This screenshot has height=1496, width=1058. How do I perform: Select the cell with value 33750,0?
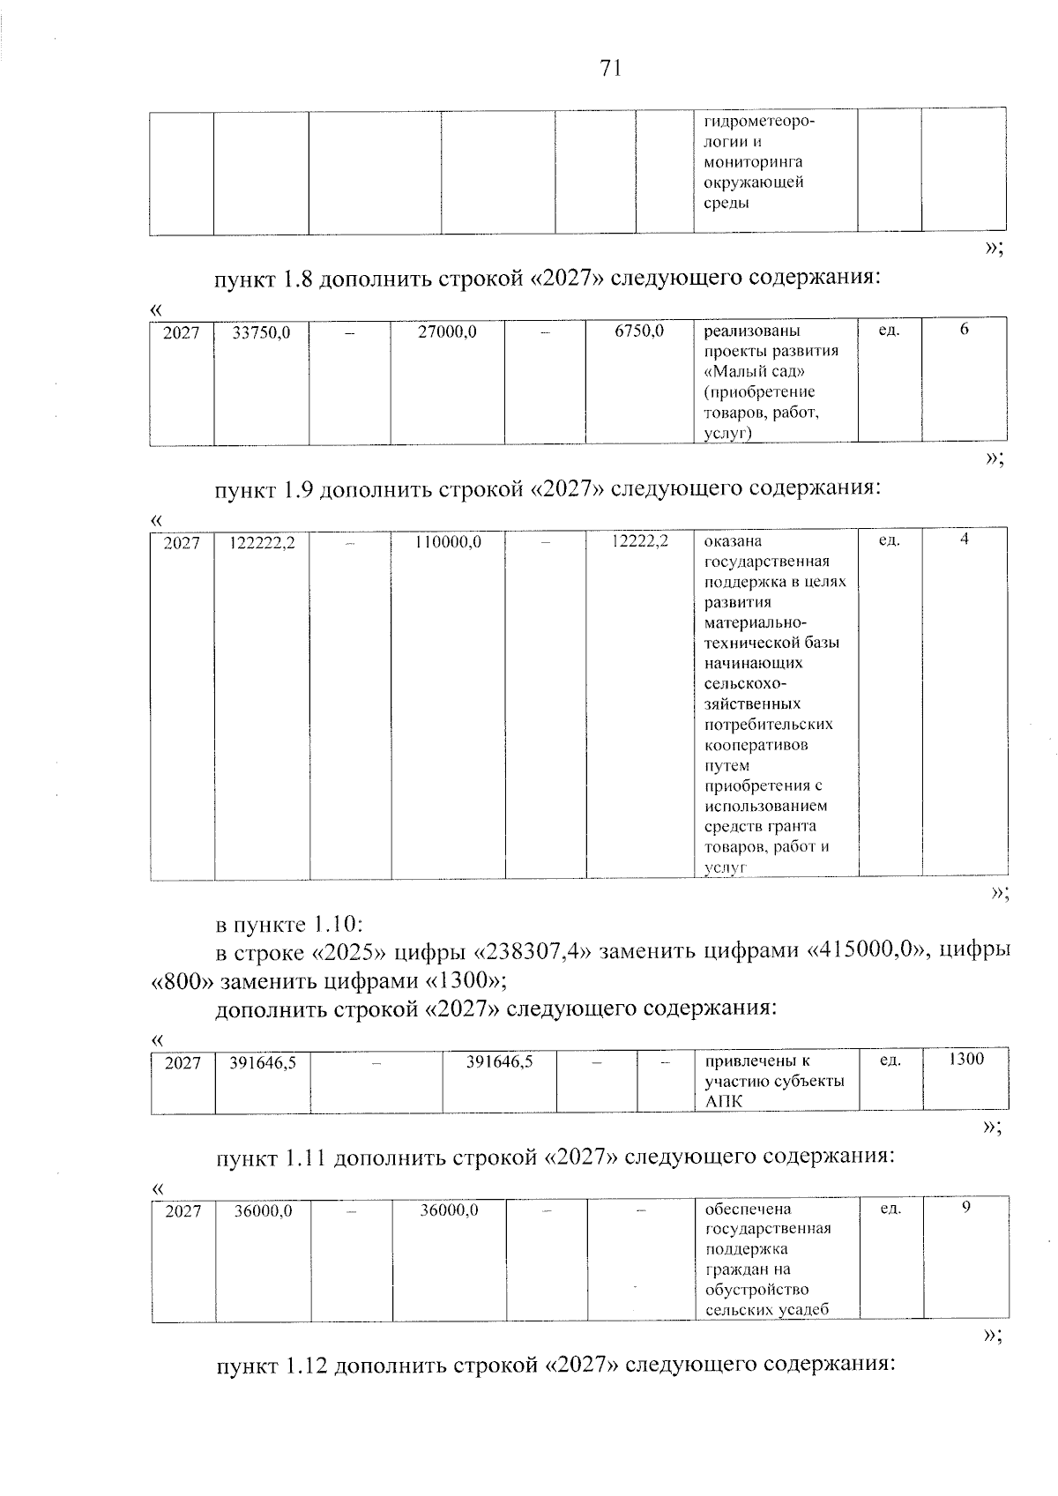[x=261, y=332]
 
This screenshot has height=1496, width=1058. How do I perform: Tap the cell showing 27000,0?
[x=447, y=332]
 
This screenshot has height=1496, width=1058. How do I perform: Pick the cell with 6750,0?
[x=639, y=331]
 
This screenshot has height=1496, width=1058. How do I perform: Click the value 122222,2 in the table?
[x=262, y=543]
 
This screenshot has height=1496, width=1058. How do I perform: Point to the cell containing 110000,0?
[x=448, y=542]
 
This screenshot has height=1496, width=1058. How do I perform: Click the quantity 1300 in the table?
[x=966, y=1059]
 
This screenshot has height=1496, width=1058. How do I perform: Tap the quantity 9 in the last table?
[x=966, y=1208]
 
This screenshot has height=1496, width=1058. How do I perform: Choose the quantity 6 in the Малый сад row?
[x=965, y=330]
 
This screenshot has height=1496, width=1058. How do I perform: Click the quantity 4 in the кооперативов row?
[x=965, y=540]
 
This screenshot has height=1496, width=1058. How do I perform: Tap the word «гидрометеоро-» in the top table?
[x=759, y=122]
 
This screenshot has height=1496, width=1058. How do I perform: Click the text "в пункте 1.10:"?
[x=289, y=925]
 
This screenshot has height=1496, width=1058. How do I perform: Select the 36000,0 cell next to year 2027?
[x=263, y=1211]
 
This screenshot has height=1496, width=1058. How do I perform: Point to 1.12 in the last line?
[x=307, y=1366]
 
